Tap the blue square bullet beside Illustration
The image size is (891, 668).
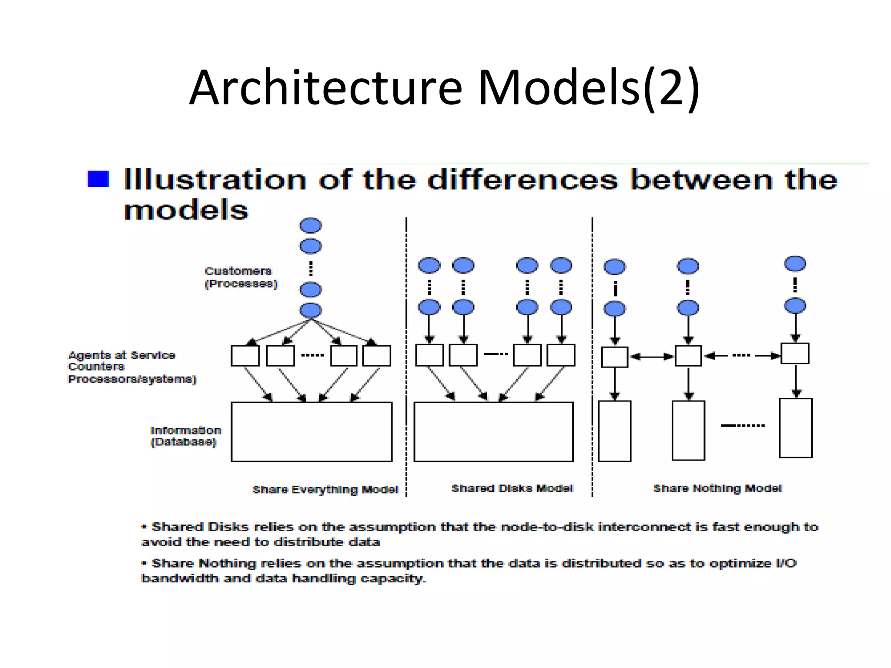[x=98, y=179]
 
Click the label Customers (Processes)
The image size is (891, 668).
[x=241, y=277]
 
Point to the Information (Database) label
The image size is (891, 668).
[x=186, y=436]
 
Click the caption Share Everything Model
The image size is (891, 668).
[x=325, y=490]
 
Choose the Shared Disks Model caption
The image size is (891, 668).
[x=512, y=488]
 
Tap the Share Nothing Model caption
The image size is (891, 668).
[x=717, y=488]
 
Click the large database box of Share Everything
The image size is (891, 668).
[x=312, y=431]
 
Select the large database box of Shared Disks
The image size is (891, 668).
[x=493, y=431]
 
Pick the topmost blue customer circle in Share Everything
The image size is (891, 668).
[x=311, y=226]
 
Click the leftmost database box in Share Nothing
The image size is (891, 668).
[x=614, y=431]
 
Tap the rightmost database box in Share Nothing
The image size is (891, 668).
[x=795, y=428]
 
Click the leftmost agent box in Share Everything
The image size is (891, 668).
[x=245, y=356]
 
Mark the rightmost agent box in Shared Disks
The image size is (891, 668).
[x=561, y=355]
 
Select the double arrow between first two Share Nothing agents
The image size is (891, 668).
[x=651, y=357]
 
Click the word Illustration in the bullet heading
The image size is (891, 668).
[x=215, y=180]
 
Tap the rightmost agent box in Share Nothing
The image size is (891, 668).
[x=795, y=353]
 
